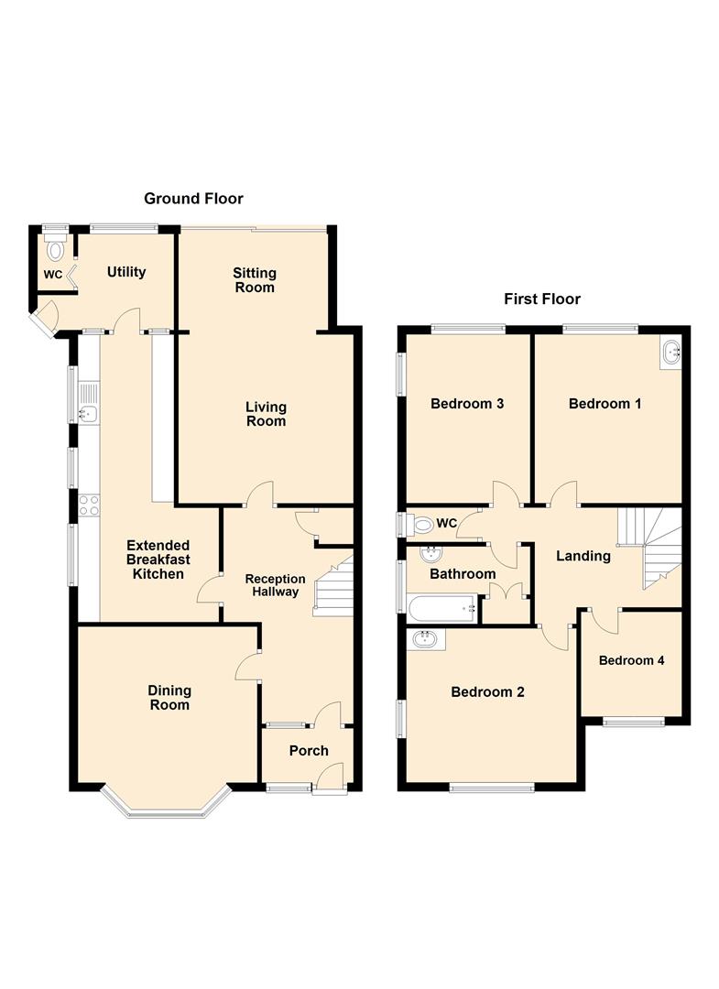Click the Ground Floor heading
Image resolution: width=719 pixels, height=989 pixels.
[x=193, y=198]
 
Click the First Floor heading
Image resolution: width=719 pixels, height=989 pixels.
[x=542, y=299]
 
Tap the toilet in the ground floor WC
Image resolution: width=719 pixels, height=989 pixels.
[x=56, y=248]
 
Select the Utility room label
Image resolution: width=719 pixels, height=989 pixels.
[x=126, y=272]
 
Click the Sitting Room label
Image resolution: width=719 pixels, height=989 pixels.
[x=254, y=280]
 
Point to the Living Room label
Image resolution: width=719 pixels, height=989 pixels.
[x=266, y=414]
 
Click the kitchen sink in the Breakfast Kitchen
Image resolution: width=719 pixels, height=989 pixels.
[x=89, y=414]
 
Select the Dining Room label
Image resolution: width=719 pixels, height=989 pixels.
[x=169, y=698]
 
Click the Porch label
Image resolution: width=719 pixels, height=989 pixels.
[x=309, y=751]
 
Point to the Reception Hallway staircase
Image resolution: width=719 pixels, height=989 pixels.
[x=333, y=586]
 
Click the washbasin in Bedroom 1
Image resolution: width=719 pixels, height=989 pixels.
[x=671, y=351]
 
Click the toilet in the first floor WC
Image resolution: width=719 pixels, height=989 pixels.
[x=420, y=525]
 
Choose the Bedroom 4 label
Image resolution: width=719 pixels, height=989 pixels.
[x=632, y=660]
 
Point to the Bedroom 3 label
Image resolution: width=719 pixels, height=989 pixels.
[x=468, y=404]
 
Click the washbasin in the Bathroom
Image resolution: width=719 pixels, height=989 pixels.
[x=429, y=554]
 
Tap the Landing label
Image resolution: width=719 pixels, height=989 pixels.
[x=583, y=556]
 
